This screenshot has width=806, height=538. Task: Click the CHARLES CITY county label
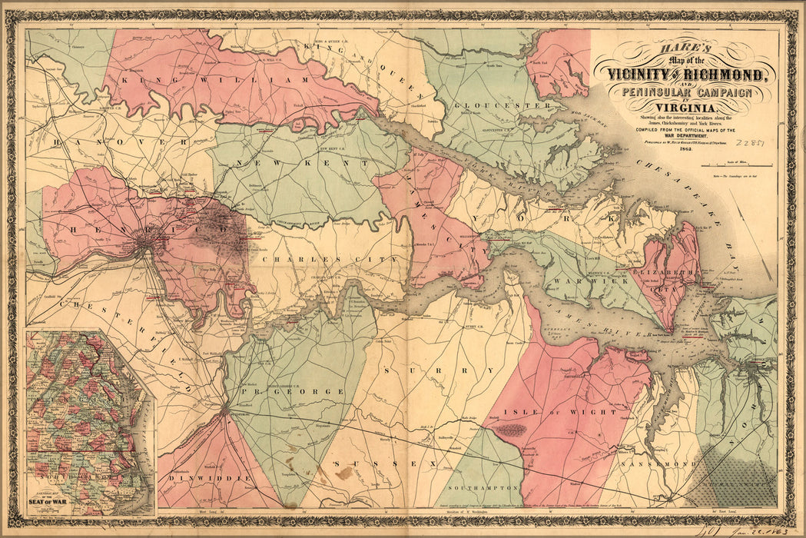330,260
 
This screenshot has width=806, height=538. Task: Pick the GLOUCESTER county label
502,105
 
